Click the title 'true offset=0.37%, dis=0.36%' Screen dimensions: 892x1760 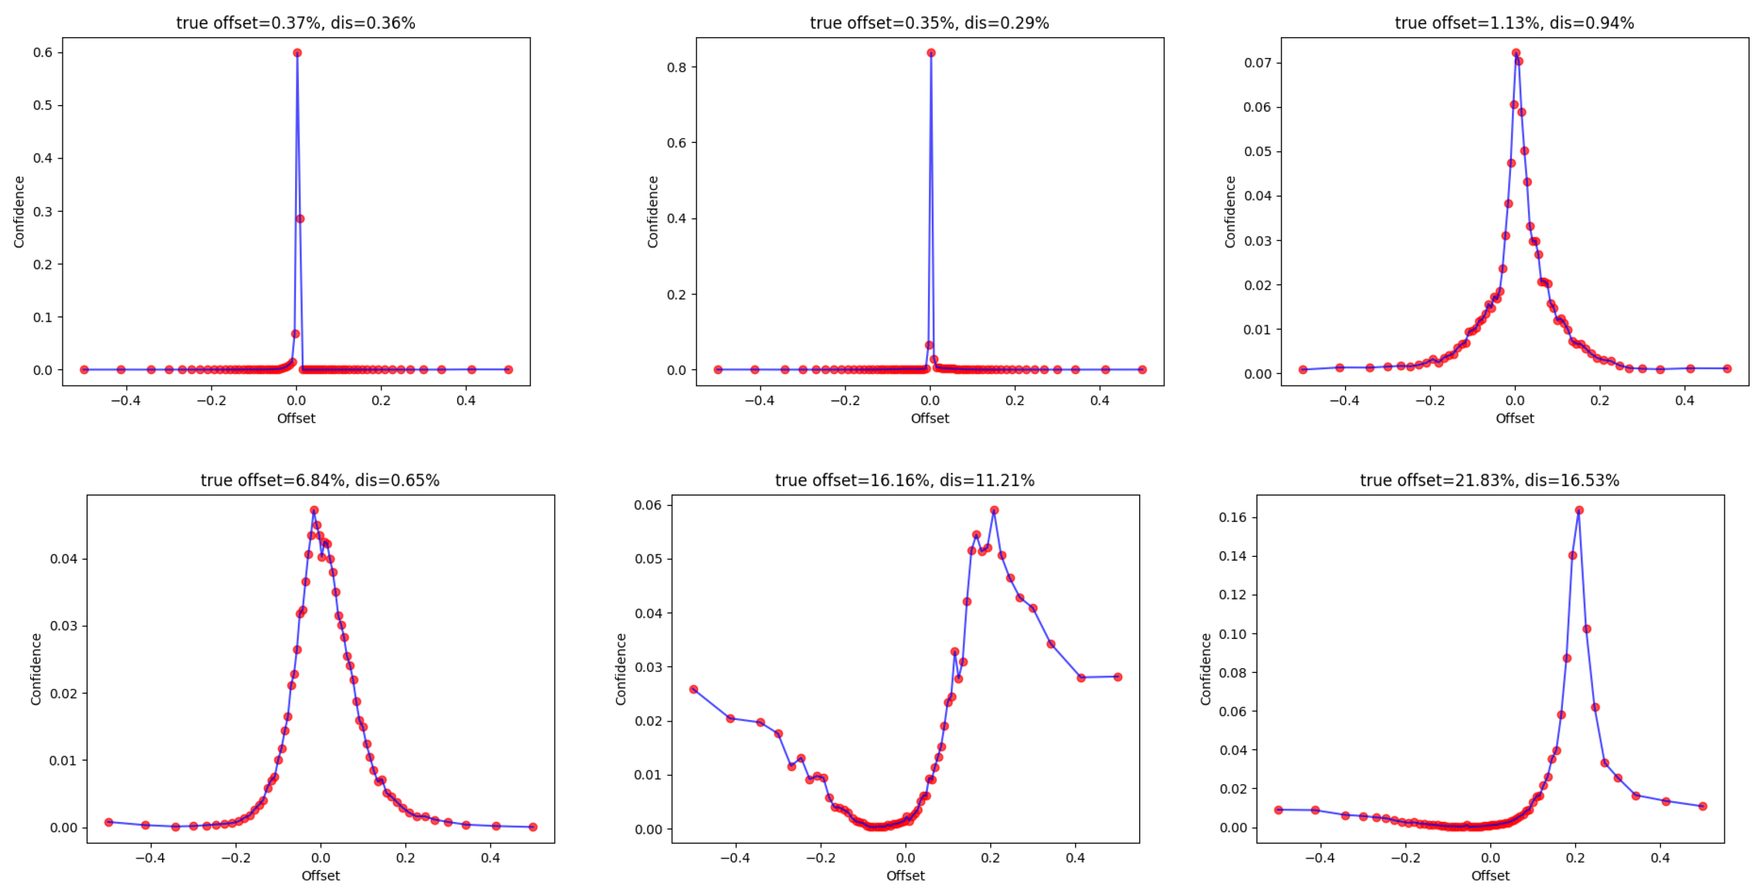pos(295,22)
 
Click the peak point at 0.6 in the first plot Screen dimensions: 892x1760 pos(297,53)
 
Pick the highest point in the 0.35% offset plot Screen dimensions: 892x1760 pos(931,53)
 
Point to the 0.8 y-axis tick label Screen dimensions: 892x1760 pos(677,67)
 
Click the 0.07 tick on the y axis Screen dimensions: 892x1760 pos(1257,63)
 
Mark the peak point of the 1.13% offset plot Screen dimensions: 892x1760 pos(1516,53)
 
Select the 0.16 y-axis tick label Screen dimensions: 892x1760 pos(1232,517)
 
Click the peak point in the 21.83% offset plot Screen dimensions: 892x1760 pos(1579,510)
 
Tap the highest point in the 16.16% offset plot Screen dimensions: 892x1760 pos(994,510)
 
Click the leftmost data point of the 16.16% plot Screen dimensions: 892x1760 pos(694,689)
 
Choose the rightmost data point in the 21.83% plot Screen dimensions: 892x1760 pos(1703,806)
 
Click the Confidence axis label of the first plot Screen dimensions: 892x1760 pos(19,212)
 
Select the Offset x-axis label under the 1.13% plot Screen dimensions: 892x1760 pos(1515,418)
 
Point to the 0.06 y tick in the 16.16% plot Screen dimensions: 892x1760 pos(648,505)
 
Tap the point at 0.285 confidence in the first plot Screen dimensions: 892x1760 pos(300,218)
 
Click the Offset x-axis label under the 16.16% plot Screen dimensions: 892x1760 pos(905,876)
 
